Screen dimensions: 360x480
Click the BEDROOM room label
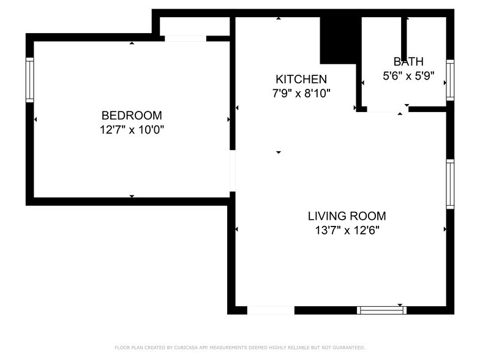[132, 115]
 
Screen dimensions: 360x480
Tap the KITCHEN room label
[301, 79]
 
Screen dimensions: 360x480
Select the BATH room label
[408, 61]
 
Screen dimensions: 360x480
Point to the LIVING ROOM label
[347, 216]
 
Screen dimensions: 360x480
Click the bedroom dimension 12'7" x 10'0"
[132, 130]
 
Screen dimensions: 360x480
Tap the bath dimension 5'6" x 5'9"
[408, 76]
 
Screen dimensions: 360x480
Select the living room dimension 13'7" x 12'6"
[347, 231]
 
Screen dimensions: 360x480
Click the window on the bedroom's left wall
[29, 80]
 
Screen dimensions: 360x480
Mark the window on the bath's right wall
[450, 80]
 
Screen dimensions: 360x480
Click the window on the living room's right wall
[450, 184]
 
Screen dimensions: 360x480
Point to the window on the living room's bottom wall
[381, 310]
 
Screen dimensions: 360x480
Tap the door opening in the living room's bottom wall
[271, 310]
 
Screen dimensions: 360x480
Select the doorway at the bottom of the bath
[384, 110]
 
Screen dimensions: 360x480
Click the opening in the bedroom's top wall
[185, 39]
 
